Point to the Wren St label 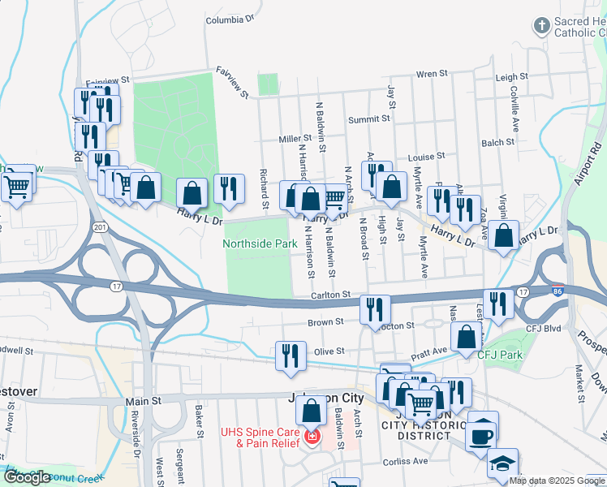[432, 74]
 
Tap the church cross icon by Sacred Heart [541, 26]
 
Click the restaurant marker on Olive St [291, 356]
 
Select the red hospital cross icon [311, 438]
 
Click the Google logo [28, 478]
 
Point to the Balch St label [497, 142]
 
